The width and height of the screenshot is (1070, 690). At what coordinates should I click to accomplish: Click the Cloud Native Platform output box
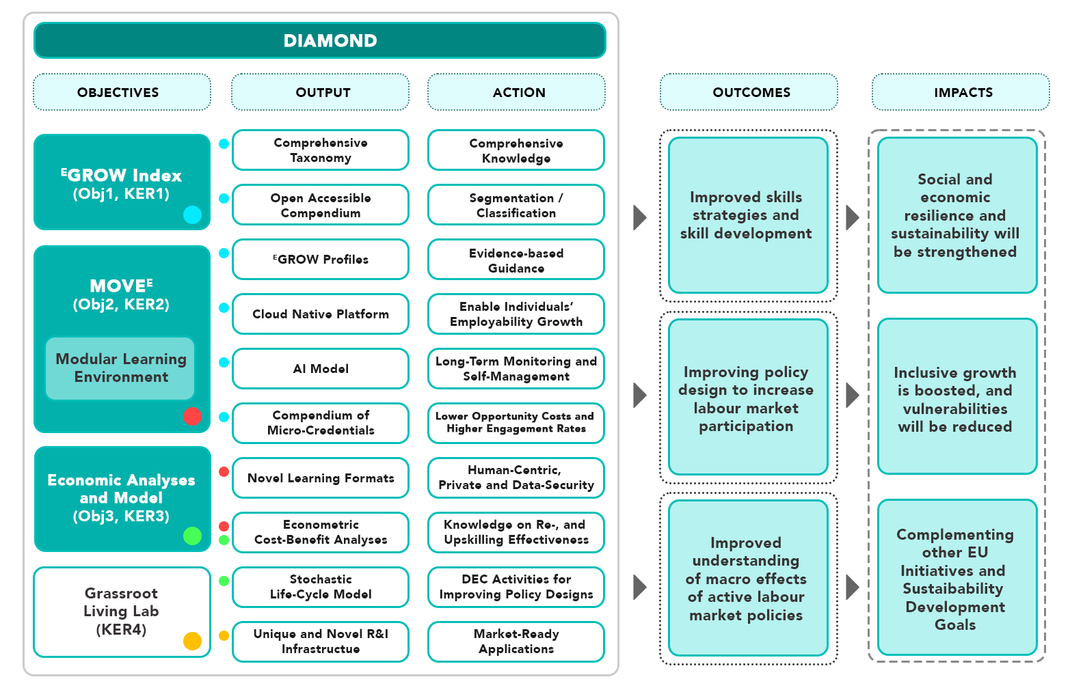(x=321, y=314)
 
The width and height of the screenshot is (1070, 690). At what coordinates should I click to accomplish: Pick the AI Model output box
(x=321, y=369)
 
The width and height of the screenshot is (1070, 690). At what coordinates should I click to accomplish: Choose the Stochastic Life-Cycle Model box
(x=321, y=587)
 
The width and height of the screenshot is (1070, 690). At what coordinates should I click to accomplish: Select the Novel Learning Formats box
(x=321, y=478)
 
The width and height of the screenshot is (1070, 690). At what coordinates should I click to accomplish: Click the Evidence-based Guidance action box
(x=516, y=260)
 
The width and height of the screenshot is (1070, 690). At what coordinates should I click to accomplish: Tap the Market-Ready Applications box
(x=516, y=641)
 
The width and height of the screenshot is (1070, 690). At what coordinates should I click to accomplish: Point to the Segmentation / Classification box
(x=516, y=205)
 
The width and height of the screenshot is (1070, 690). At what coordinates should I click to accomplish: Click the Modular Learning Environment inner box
(x=120, y=368)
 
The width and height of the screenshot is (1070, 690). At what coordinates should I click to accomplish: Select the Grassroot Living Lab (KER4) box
(x=122, y=611)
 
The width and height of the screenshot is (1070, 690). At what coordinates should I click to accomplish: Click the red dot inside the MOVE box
(x=193, y=416)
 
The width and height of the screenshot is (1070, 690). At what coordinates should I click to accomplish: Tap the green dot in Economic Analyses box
(x=193, y=536)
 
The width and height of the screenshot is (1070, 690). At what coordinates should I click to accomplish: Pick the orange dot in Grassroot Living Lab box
(x=193, y=641)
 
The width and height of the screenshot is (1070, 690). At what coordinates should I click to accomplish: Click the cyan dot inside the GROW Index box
(x=193, y=215)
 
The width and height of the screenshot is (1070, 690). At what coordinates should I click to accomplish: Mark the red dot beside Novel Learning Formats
(x=224, y=471)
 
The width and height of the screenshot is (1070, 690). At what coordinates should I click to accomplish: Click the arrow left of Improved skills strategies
(x=640, y=217)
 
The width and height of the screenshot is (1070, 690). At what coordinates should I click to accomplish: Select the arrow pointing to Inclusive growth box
(x=853, y=395)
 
